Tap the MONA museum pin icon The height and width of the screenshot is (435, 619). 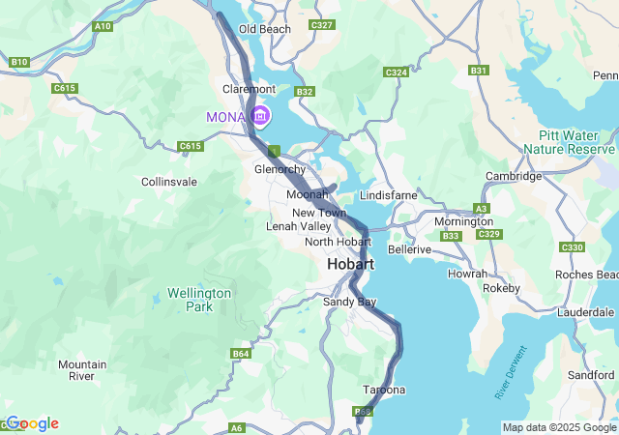[x=260, y=117]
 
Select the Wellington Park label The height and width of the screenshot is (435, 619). [x=198, y=300]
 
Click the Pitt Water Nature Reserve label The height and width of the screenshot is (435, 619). [x=569, y=143]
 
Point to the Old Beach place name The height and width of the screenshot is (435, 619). [x=264, y=29]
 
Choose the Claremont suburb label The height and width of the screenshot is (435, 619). [x=250, y=88]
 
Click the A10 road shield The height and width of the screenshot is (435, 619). [x=102, y=26]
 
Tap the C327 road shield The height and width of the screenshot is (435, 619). [x=321, y=24]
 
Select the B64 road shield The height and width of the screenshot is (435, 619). [x=241, y=355]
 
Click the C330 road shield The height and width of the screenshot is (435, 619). [x=572, y=248]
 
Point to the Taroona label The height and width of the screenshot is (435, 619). [x=383, y=390]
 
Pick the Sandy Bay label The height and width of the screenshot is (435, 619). [x=348, y=303]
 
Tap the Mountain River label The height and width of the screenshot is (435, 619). [x=82, y=370]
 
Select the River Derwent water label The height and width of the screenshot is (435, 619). [x=514, y=371]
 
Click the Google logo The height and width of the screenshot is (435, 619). [x=32, y=423]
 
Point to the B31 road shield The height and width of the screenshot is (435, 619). [x=478, y=71]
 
